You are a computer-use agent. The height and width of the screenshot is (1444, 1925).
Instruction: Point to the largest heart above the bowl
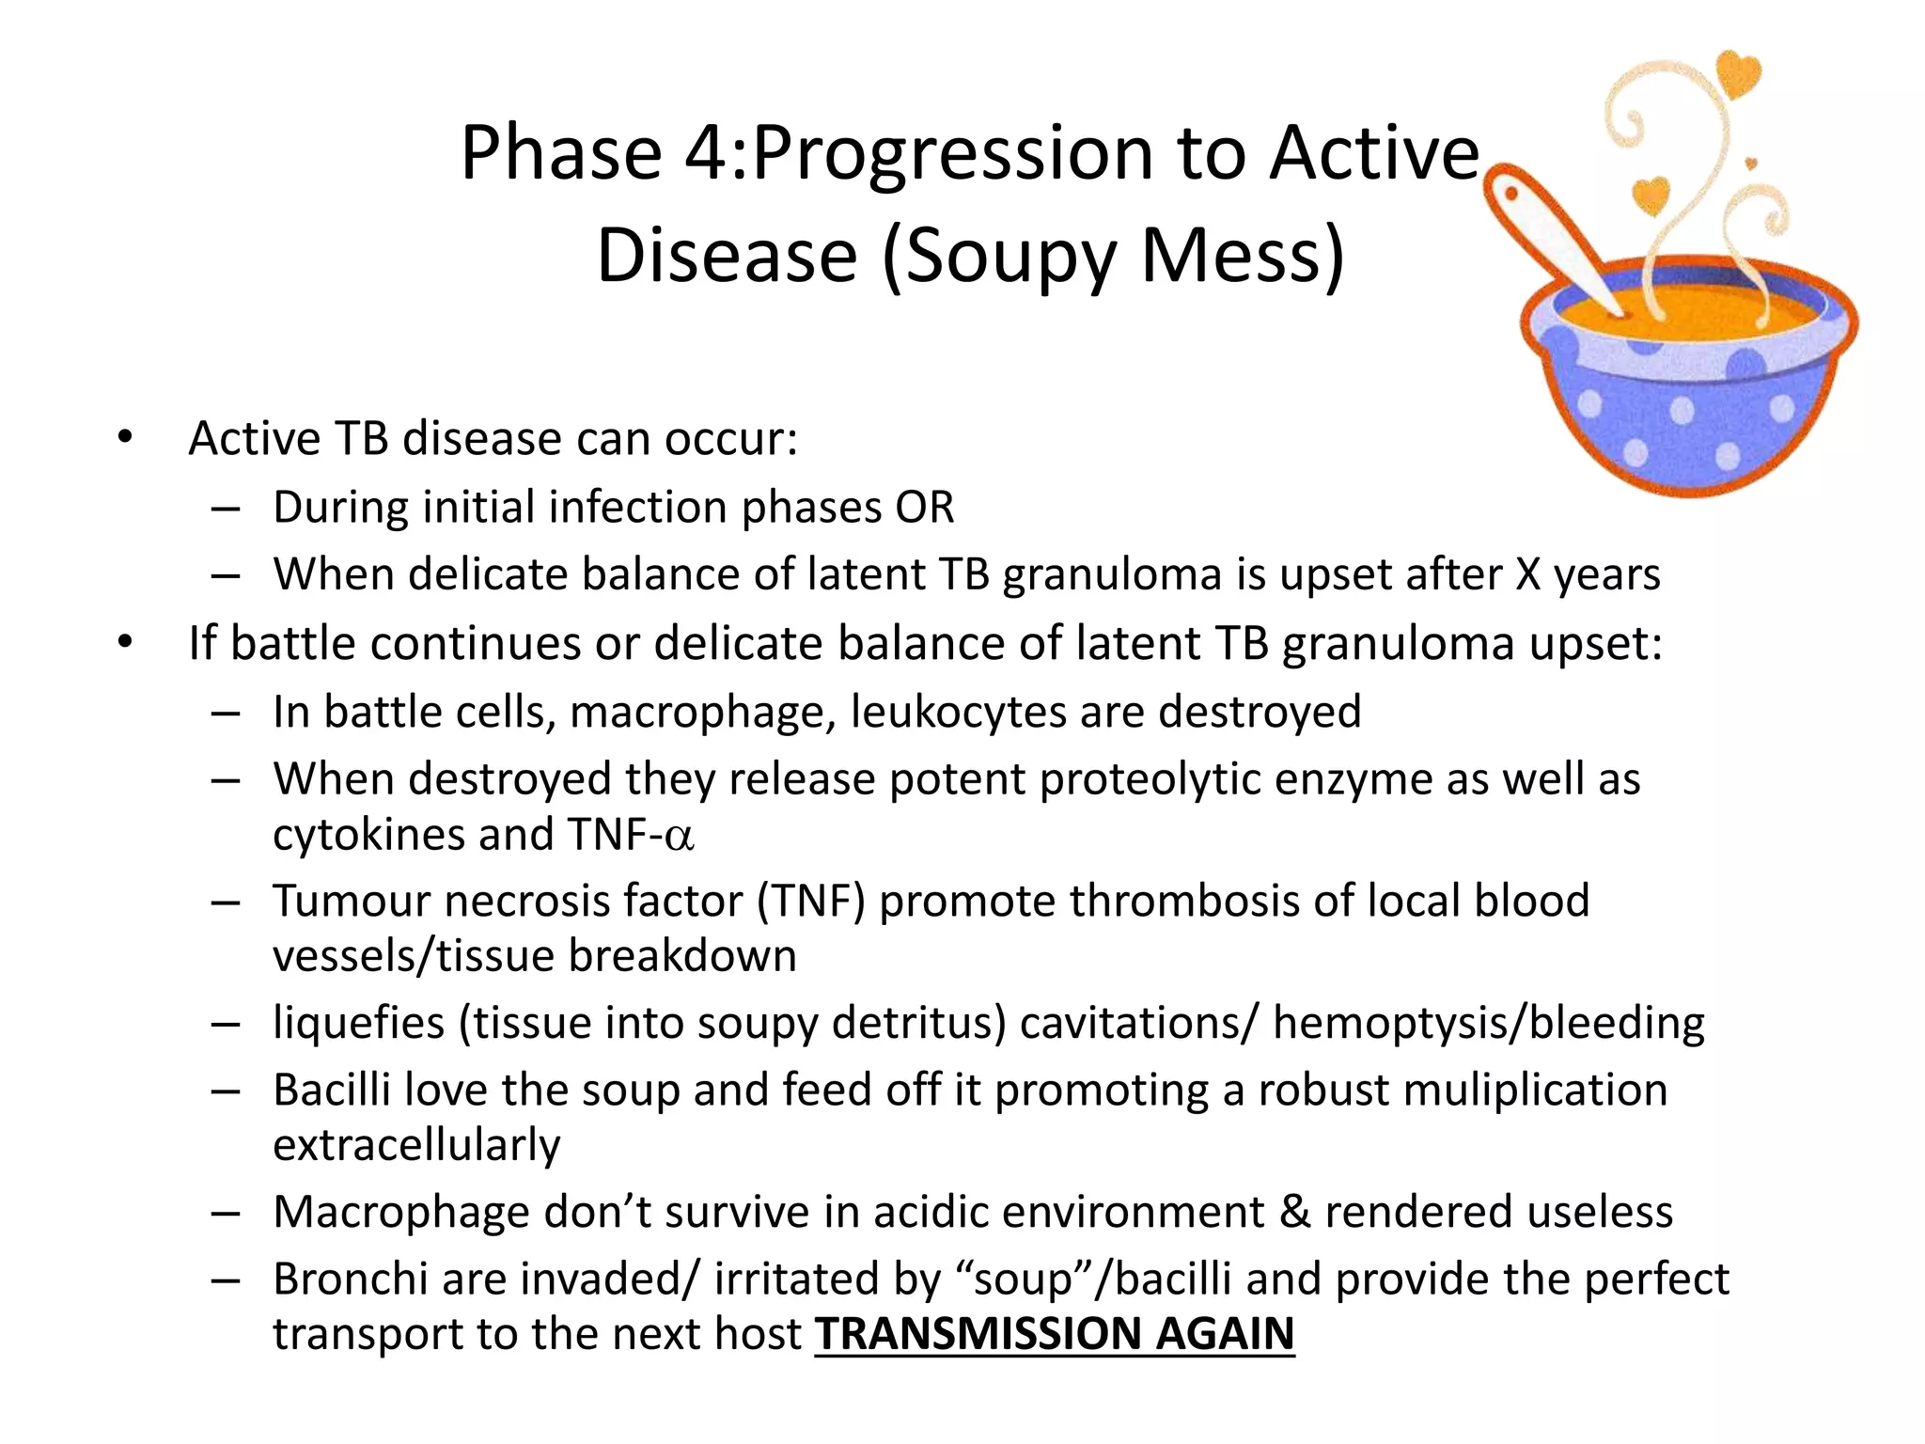(x=1738, y=75)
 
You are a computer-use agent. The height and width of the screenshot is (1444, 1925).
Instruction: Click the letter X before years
(x=1528, y=574)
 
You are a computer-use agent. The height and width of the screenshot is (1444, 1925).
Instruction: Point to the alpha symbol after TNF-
(x=679, y=837)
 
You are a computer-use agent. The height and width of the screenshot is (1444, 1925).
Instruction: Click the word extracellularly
(x=416, y=1145)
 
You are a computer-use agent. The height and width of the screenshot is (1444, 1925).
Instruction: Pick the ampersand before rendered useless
(x=1294, y=1212)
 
